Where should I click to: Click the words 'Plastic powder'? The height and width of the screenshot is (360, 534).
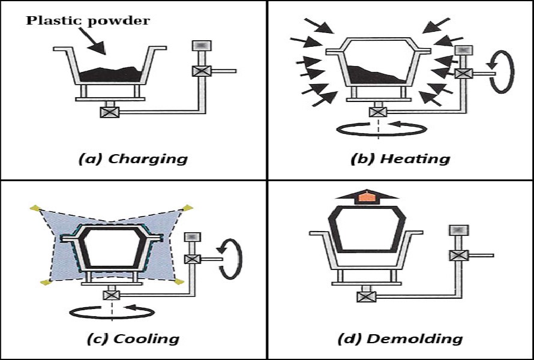[x=88, y=21]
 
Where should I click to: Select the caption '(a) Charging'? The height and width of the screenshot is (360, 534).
[x=133, y=159]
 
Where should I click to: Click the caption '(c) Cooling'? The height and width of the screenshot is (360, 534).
[x=133, y=338]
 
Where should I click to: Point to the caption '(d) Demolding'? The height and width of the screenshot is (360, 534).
[x=400, y=338]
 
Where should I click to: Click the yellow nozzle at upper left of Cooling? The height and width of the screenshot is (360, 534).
[x=34, y=208]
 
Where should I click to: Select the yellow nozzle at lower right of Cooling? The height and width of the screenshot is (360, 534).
[x=179, y=281]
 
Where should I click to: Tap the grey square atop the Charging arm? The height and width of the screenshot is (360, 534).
[x=199, y=46]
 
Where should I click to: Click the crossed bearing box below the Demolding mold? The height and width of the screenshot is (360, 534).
[x=366, y=296]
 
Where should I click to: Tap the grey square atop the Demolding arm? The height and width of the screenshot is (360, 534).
[x=458, y=230]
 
